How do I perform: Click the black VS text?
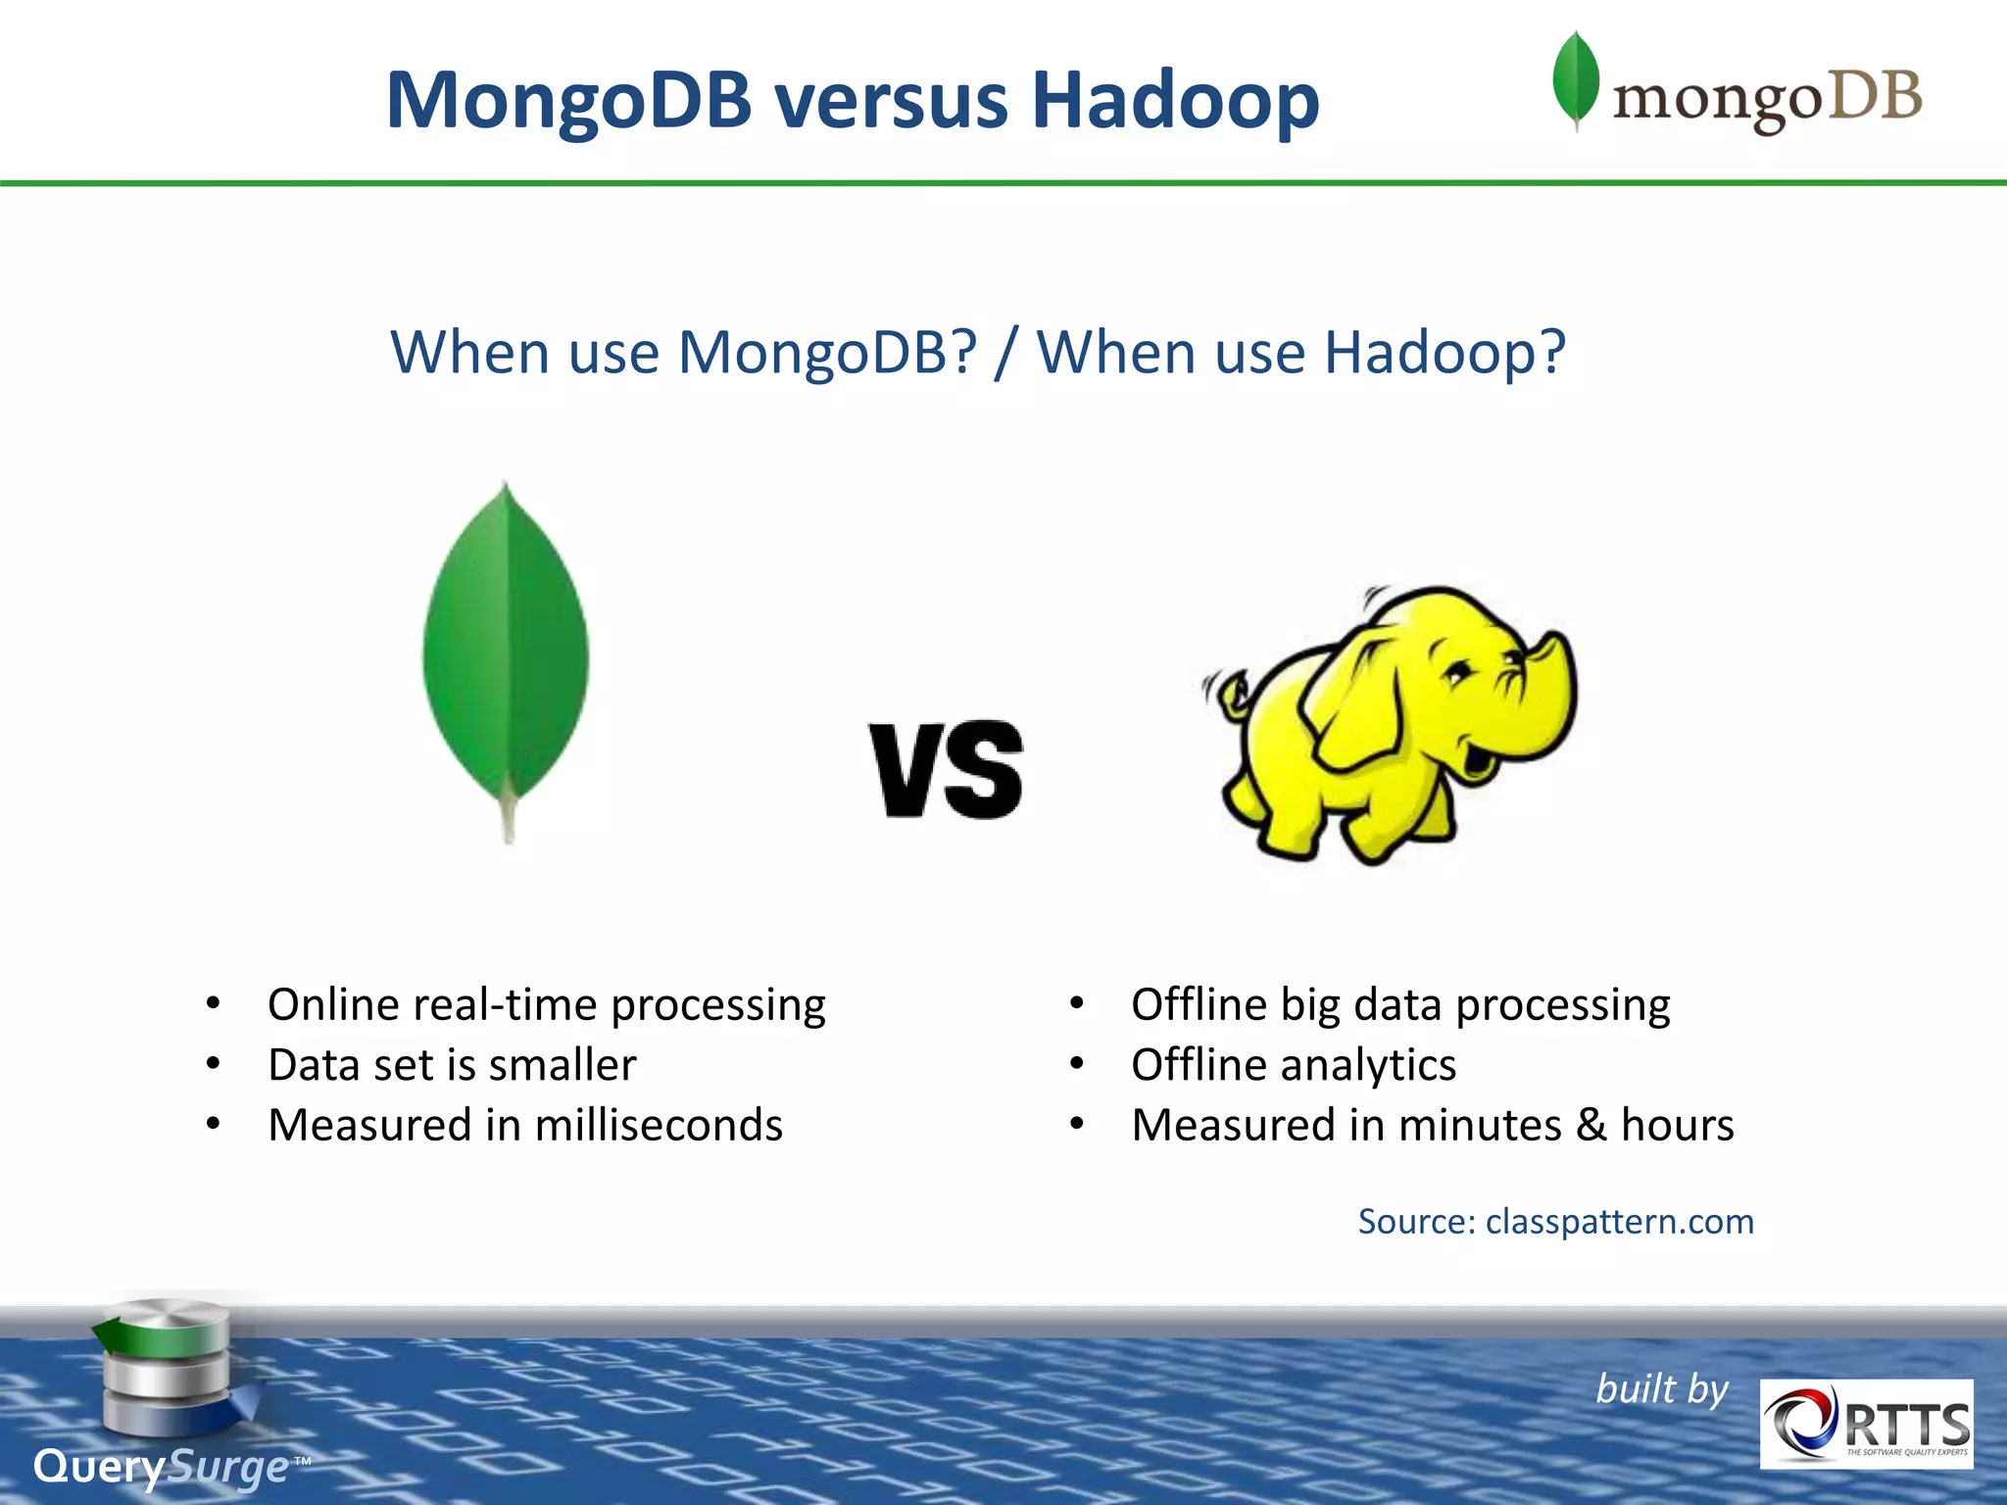(x=946, y=770)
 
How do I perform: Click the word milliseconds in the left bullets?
(x=659, y=1125)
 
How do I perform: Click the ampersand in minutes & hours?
(x=1591, y=1125)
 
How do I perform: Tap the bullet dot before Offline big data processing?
(x=1076, y=1004)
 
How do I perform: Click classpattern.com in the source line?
(x=1619, y=1222)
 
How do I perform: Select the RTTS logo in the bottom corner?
(x=1866, y=1424)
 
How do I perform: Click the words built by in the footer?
(x=1662, y=1389)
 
